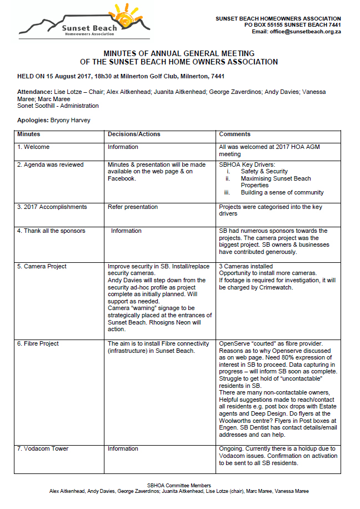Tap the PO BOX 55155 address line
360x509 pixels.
pos(293,25)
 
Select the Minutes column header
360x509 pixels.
pos(28,134)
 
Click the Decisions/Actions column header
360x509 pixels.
pos(134,134)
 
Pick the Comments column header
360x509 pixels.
pos(234,134)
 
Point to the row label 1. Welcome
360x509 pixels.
pos(33,147)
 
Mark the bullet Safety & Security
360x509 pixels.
pos(264,172)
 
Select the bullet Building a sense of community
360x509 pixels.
pos(282,193)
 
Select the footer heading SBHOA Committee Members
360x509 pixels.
pos(179,486)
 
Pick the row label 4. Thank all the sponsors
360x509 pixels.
pos(51,231)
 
